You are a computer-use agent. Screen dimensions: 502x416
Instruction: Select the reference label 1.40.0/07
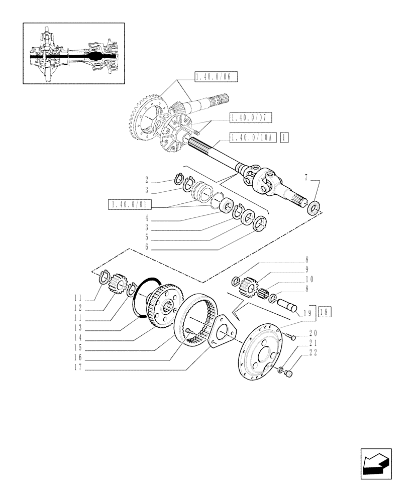tap(250, 118)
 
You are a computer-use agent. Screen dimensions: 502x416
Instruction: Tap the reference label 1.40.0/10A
tap(253, 137)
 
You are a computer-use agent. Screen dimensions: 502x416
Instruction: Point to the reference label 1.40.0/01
tap(129, 204)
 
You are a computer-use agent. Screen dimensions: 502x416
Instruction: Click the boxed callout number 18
tap(325, 311)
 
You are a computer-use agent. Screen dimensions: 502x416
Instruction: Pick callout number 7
tap(305, 177)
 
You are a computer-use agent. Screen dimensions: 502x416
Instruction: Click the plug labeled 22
tap(288, 374)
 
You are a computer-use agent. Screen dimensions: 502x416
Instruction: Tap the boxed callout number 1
tap(285, 137)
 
